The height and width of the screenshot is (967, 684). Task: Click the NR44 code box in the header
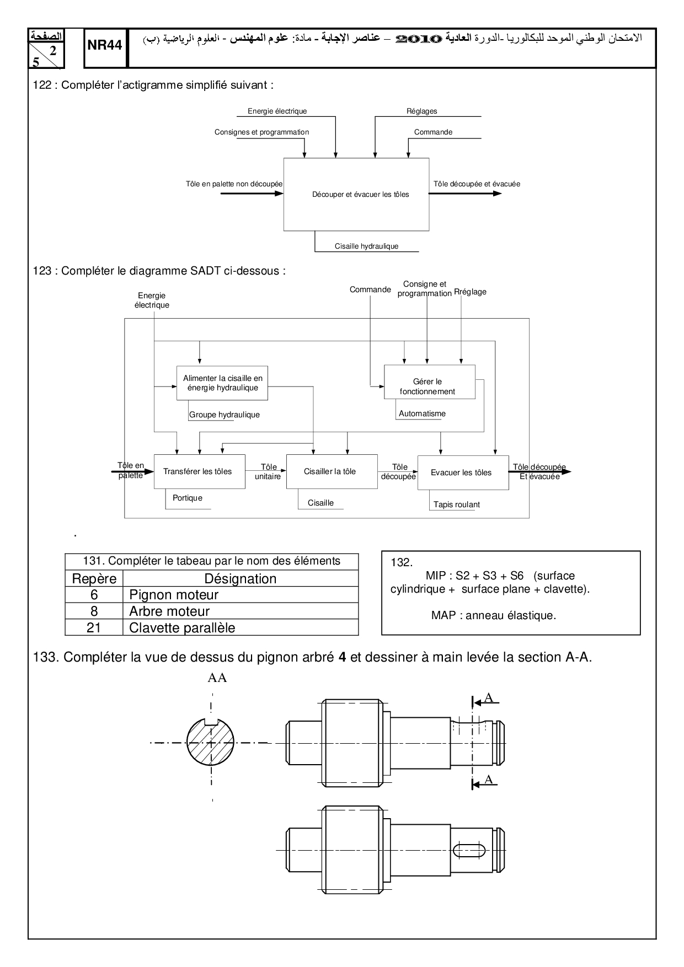click(104, 45)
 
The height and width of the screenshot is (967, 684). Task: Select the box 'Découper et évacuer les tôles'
click(356, 194)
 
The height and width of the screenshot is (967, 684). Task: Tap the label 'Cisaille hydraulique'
click(366, 246)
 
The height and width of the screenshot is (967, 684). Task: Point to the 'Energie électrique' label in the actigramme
click(277, 111)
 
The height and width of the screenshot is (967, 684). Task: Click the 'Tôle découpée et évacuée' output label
click(477, 184)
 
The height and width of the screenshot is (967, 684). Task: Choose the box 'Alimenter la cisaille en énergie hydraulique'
click(222, 383)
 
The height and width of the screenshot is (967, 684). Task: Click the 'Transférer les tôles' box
click(199, 472)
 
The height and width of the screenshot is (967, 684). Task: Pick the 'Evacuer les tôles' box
click(462, 472)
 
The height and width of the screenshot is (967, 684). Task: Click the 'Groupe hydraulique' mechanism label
click(224, 415)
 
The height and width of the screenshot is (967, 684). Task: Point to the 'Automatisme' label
click(422, 413)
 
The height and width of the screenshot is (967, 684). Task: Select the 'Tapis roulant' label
click(456, 504)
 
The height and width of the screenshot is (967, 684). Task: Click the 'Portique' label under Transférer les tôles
click(188, 498)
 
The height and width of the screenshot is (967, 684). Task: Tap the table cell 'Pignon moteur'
click(174, 595)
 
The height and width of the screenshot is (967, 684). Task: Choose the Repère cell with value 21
click(94, 628)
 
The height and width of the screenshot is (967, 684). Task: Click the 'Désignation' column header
click(240, 579)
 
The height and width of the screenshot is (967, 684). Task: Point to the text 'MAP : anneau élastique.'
click(493, 616)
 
